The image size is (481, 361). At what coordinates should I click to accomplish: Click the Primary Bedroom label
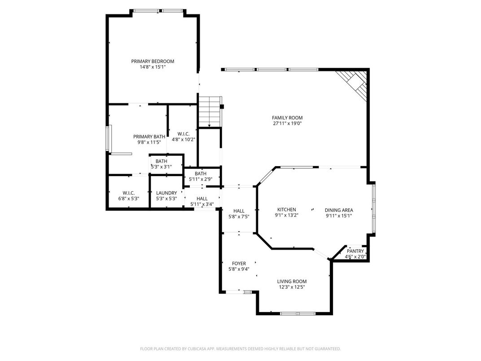click(x=153, y=62)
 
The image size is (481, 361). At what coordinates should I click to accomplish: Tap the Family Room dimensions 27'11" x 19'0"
click(x=287, y=123)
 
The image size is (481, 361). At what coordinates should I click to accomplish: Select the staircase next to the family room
click(x=210, y=112)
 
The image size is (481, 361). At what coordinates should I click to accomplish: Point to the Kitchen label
click(x=286, y=210)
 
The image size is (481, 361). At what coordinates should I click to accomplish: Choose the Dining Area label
click(x=339, y=210)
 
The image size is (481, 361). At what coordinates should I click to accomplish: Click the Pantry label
click(x=355, y=251)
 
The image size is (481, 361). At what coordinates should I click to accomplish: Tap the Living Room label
click(x=292, y=282)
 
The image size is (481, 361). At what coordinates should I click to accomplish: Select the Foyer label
click(x=239, y=264)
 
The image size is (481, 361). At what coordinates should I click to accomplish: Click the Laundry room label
click(x=166, y=193)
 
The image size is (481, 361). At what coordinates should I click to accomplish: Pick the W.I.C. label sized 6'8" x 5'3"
click(x=129, y=193)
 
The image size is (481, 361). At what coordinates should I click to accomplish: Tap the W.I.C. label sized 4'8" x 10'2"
click(x=184, y=134)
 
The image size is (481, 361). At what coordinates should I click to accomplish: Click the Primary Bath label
click(x=149, y=136)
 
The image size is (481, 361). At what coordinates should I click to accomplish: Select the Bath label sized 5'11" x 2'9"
click(x=201, y=174)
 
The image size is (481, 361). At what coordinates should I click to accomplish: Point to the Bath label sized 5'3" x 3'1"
click(x=162, y=161)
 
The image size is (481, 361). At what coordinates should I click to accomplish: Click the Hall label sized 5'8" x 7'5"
click(x=239, y=211)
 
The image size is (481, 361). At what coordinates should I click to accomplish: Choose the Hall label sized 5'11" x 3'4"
click(x=202, y=198)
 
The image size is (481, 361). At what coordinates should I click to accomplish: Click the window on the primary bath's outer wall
click(x=108, y=139)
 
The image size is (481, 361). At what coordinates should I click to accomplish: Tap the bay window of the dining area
click(x=373, y=209)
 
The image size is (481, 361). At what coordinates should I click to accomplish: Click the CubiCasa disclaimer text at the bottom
click(x=240, y=348)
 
